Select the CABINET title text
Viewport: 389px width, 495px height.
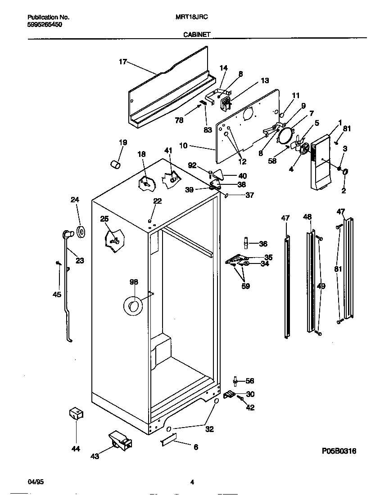[x=197, y=34]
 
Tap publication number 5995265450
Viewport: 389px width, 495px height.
[x=44, y=25]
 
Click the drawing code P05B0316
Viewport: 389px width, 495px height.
[x=339, y=451]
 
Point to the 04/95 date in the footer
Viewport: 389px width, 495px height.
[x=36, y=482]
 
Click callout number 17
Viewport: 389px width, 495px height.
[x=123, y=62]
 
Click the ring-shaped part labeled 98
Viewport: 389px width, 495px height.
[x=133, y=306]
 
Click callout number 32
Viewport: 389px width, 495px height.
[x=209, y=429]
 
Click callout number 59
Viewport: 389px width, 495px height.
[x=245, y=285]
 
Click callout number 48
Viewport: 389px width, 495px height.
[x=307, y=217]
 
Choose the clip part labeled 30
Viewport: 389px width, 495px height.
[x=230, y=394]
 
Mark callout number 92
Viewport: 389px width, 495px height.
[x=192, y=165]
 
